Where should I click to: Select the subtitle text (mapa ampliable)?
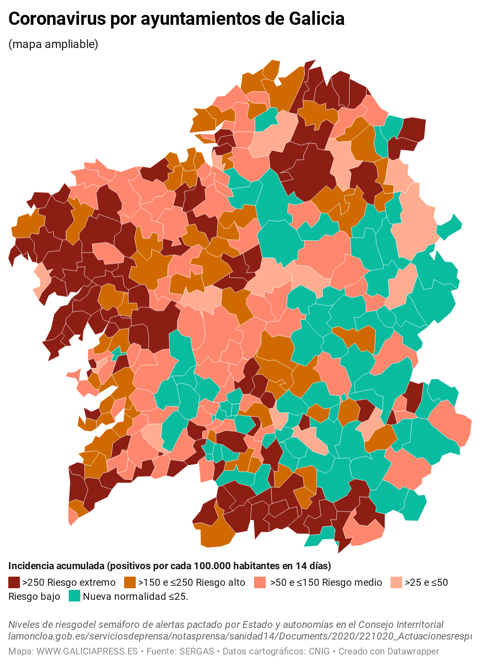(53, 44)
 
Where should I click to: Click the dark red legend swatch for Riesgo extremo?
(14, 582)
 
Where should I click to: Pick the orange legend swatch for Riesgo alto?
(130, 582)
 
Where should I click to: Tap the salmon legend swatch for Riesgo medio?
(259, 582)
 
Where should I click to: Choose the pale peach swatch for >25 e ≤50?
(396, 582)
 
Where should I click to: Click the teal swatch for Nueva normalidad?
(74, 596)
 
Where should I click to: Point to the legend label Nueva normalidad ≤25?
(135, 597)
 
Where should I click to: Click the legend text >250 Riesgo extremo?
(69, 582)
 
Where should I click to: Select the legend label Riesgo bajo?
(34, 597)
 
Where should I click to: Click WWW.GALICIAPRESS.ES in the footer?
(87, 651)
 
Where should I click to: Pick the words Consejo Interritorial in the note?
(401, 624)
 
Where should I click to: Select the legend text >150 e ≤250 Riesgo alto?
(192, 582)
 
